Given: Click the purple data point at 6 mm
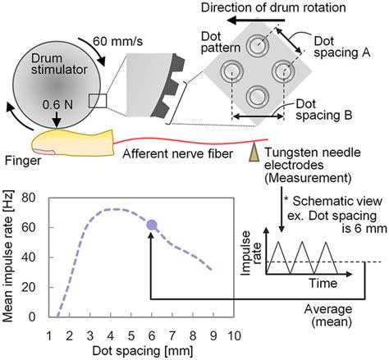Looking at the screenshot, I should pos(151,224).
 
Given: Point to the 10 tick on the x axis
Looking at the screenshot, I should pos(234,335).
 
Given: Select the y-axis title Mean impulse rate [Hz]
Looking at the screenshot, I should pos(10,254).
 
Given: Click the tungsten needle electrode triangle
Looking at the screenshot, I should pos(252,152).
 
